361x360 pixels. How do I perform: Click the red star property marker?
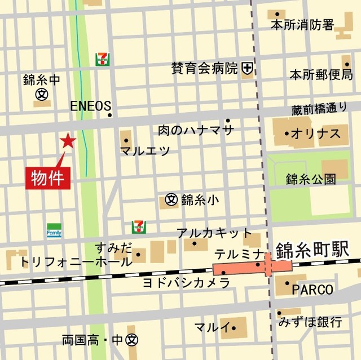pyautogui.click(x=68, y=141)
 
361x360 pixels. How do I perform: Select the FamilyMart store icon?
pyautogui.click(x=54, y=230)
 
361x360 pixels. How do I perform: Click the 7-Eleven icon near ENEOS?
pyautogui.click(x=102, y=59)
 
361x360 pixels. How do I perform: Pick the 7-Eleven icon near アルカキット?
pyautogui.click(x=138, y=226)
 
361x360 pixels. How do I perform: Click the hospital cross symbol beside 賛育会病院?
pyautogui.click(x=246, y=69)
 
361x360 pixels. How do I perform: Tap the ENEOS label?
pyautogui.click(x=90, y=106)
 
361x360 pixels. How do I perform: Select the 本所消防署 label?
pyautogui.click(x=302, y=25)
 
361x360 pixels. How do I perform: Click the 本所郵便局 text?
pyautogui.click(x=321, y=74)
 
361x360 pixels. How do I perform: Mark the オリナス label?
pyautogui.click(x=316, y=134)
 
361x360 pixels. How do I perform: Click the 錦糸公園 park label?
pyautogui.click(x=310, y=179)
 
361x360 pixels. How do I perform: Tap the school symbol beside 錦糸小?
pyautogui.click(x=171, y=199)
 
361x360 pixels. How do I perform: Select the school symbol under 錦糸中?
pyautogui.click(x=41, y=94)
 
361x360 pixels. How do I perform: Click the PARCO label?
pyautogui.click(x=312, y=290)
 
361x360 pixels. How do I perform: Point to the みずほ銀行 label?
pyautogui.click(x=310, y=322)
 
